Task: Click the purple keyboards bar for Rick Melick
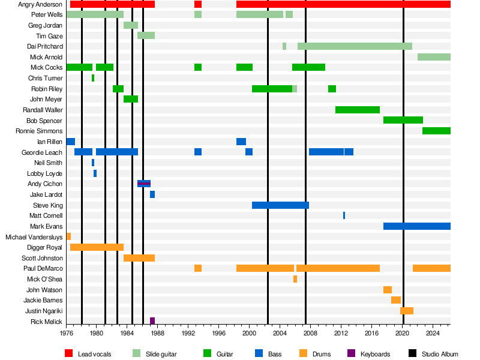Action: (152, 321)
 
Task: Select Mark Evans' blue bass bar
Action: (416, 226)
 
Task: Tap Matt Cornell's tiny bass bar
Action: (344, 215)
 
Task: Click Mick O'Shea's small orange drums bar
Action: (295, 279)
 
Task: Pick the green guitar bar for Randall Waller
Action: (357, 110)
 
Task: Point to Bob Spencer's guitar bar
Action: (403, 120)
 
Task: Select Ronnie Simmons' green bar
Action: (436, 131)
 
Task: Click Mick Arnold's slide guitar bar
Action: (434, 57)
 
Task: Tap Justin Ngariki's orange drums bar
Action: (407, 311)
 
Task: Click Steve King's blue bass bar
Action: (280, 205)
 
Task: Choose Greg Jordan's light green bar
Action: (131, 25)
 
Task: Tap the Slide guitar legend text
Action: (161, 355)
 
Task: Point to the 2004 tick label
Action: (280, 332)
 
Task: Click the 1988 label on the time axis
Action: (157, 332)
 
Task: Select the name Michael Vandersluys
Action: (34, 237)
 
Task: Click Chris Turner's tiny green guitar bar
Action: (93, 78)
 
